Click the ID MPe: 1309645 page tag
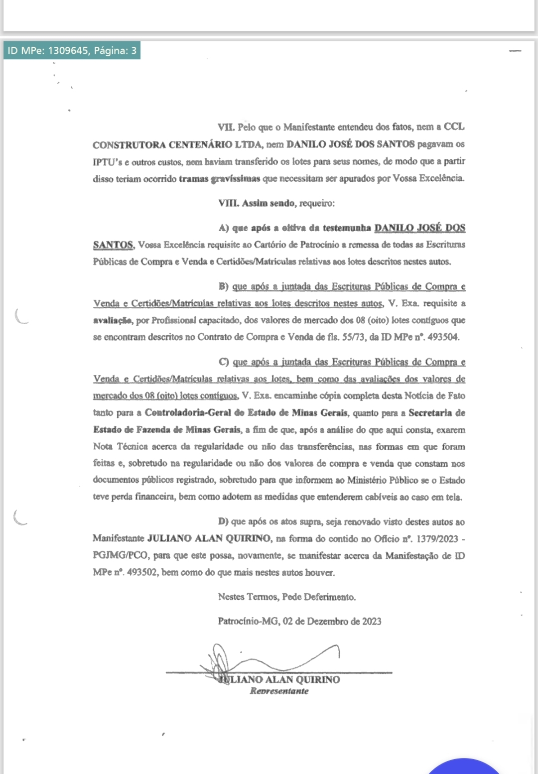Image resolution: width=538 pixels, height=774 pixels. tap(72, 50)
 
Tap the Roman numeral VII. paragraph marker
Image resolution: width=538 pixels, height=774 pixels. tap(226, 127)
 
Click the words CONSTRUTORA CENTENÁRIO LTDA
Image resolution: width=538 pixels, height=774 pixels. tap(177, 145)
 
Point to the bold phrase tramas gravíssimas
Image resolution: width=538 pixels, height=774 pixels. tap(219, 178)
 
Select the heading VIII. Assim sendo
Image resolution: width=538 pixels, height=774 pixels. tap(256, 203)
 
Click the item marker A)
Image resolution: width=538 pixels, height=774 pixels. tap(223, 228)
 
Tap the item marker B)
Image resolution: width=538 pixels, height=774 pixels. tap(223, 286)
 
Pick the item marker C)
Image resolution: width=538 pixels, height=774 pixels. tap(224, 362)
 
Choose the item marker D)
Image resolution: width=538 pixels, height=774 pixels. tap(223, 522)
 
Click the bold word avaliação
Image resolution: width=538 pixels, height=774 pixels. tap(113, 320)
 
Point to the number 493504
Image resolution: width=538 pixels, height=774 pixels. tap(443, 337)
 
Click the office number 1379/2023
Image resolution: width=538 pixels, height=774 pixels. tap(437, 539)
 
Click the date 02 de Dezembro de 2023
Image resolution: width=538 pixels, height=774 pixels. tap(332, 622)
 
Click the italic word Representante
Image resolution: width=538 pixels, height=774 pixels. tap(279, 691)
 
